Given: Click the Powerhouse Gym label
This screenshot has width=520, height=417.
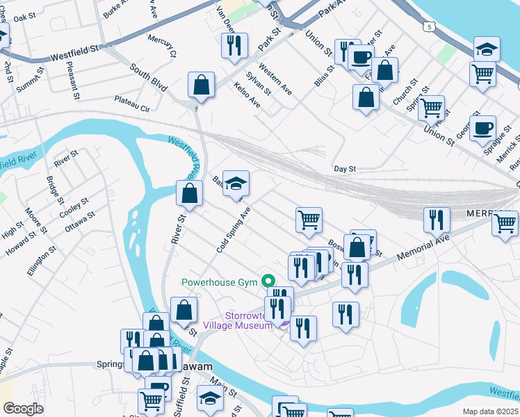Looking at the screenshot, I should [x=219, y=282].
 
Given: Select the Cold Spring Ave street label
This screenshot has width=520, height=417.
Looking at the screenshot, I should [x=232, y=229].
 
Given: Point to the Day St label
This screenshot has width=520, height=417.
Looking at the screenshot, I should [x=345, y=169].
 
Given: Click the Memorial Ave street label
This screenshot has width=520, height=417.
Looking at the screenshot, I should [x=424, y=248].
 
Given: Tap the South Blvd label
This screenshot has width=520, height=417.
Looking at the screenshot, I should [x=148, y=77].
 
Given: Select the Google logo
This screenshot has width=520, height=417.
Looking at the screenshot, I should [x=23, y=409].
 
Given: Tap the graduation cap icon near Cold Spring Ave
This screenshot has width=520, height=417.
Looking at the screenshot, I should [x=236, y=183].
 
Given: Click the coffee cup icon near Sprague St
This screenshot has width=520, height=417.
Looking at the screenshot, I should [x=482, y=128].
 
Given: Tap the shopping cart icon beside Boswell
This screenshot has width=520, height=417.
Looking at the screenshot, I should [x=309, y=220].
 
